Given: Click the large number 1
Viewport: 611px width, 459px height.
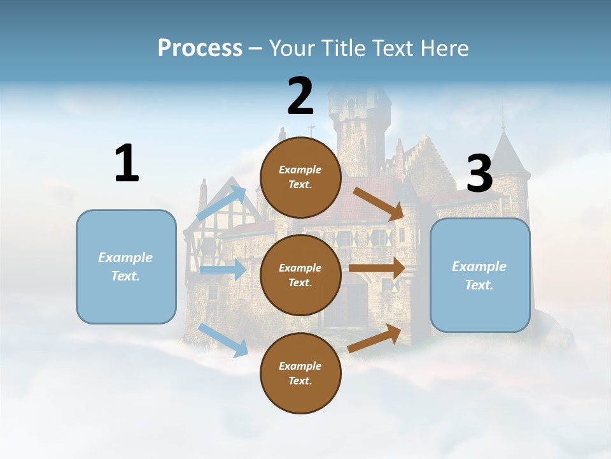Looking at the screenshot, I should [127, 164].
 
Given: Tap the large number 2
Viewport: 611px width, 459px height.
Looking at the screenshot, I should [300, 96].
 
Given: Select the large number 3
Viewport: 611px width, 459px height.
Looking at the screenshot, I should [479, 173].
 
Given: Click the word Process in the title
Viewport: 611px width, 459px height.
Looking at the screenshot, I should [200, 48].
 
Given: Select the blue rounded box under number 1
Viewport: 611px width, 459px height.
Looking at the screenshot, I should [126, 266].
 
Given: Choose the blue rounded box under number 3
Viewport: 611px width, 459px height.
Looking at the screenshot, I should [480, 275].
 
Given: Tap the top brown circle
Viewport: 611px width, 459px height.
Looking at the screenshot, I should [300, 177].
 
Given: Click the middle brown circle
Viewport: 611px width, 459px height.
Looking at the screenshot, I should [300, 275].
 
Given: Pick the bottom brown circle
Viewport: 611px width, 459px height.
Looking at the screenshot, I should [300, 373].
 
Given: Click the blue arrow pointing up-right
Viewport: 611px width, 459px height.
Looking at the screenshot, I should [221, 203].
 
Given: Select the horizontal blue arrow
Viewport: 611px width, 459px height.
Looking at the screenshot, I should [223, 270].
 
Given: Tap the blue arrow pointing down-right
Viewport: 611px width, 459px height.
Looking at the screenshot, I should [223, 340].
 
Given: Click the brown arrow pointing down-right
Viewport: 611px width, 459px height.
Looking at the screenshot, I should [379, 203].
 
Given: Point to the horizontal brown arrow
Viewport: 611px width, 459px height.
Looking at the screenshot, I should [377, 268].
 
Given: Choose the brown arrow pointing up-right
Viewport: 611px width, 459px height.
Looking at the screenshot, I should [375, 339].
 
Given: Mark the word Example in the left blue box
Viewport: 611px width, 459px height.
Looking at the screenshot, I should [125, 258].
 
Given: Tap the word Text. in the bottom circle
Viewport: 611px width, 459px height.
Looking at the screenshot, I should [300, 381].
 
